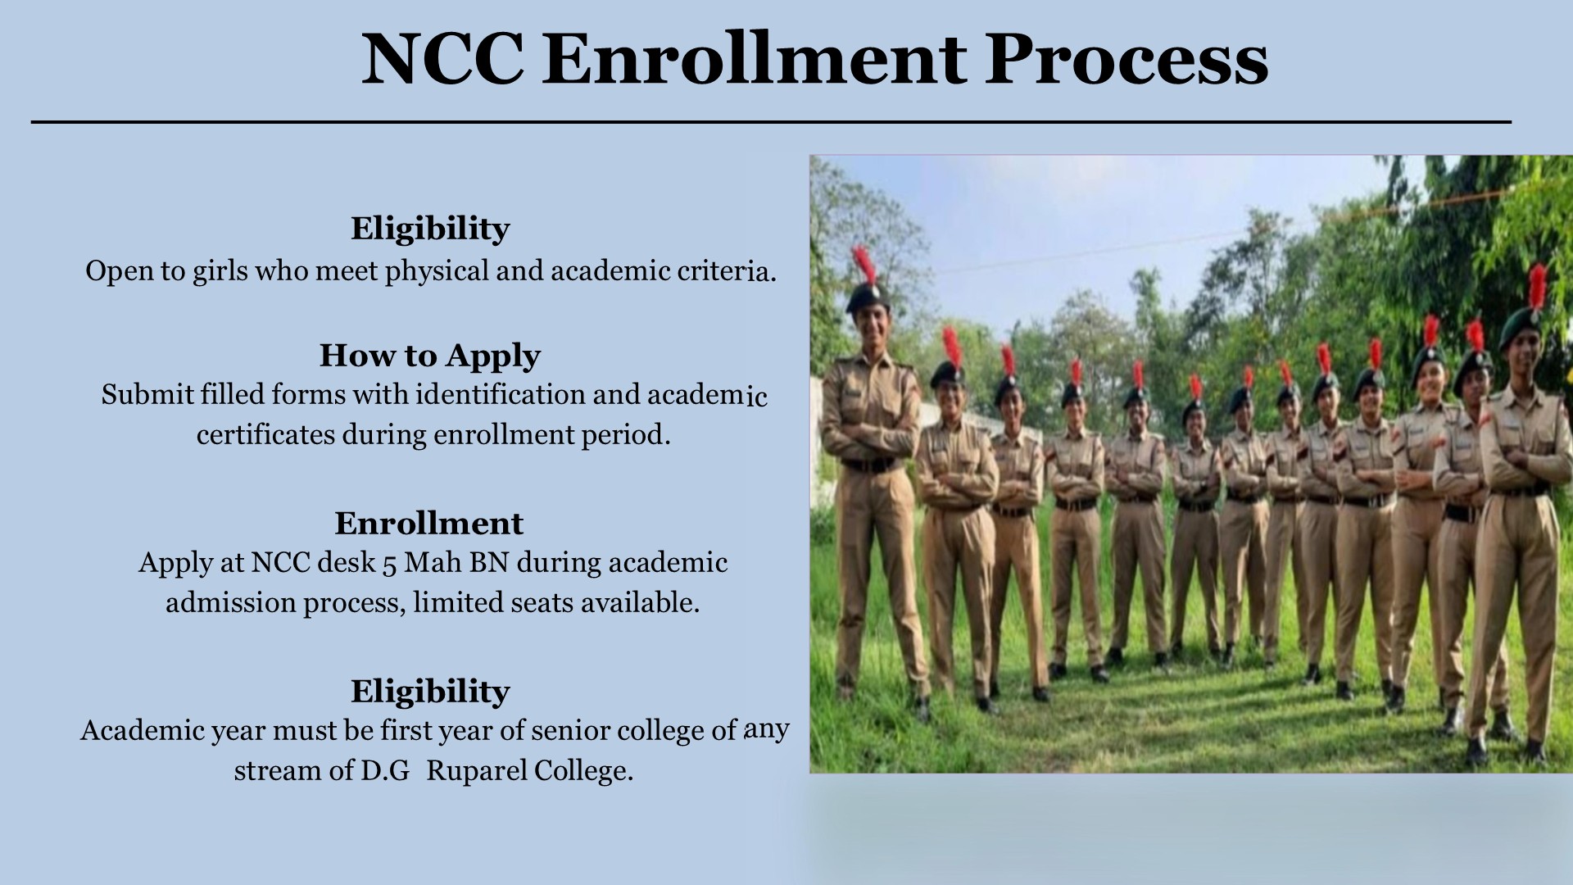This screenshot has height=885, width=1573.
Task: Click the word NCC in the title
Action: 442,58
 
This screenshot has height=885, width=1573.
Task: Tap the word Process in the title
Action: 1126,58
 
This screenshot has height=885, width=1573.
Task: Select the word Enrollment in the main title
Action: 755,58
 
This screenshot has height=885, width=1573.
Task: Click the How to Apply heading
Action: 430,356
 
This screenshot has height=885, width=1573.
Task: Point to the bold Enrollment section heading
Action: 429,523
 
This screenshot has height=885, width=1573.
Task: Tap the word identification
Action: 500,395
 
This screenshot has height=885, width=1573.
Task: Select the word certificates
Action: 265,434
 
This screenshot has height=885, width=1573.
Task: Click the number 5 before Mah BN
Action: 390,564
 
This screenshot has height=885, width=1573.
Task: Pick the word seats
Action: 542,603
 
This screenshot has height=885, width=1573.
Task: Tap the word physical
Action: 437,271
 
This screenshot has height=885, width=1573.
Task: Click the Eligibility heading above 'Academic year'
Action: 430,692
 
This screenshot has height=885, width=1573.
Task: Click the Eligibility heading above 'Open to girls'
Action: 430,229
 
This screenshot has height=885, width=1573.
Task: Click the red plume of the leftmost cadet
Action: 864,265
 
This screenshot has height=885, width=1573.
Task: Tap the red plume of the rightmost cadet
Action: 1538,286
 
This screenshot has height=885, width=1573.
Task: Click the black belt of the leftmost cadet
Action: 869,465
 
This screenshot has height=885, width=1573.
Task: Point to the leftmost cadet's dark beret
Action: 867,296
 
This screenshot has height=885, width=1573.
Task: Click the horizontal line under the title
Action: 771,122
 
